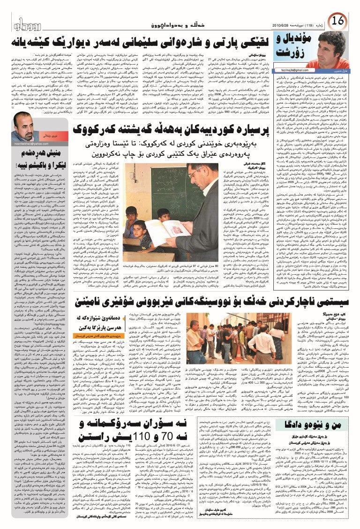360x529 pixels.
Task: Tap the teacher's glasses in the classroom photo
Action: point(195,173)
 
